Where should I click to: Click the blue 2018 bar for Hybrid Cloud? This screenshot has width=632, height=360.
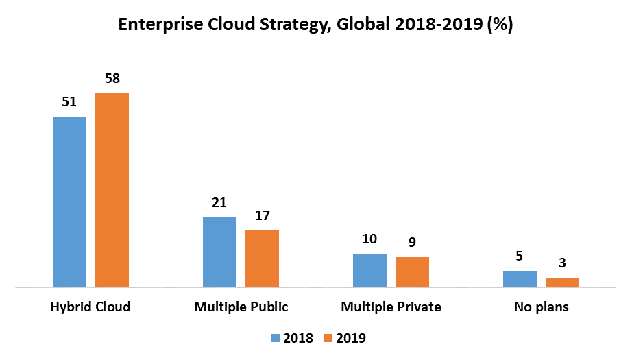point(69,202)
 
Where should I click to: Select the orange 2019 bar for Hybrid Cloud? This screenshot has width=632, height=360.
point(112,190)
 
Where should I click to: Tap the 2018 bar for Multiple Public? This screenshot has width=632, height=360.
point(219,252)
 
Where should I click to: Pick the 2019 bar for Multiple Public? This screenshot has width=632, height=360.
point(262,259)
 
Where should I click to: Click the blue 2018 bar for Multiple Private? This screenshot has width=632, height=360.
point(369,271)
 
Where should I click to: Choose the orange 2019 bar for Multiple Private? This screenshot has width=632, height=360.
point(412,272)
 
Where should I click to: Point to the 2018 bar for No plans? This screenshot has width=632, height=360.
point(520,279)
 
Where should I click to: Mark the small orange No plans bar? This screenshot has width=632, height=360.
point(562,283)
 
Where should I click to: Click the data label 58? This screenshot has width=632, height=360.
point(112,79)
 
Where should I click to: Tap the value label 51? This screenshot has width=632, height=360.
point(69,103)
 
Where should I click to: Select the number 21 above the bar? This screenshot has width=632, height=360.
point(219,203)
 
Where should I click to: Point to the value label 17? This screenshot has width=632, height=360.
point(262,216)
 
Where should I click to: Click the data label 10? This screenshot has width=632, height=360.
point(369,240)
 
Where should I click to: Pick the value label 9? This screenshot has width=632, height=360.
point(412,243)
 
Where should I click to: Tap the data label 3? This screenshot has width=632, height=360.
point(562,263)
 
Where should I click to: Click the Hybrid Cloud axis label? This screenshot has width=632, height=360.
point(90,307)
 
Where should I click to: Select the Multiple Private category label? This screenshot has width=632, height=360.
point(391,307)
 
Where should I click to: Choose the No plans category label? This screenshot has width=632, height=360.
point(541,307)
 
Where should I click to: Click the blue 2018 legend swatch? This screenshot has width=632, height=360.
point(276,338)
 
